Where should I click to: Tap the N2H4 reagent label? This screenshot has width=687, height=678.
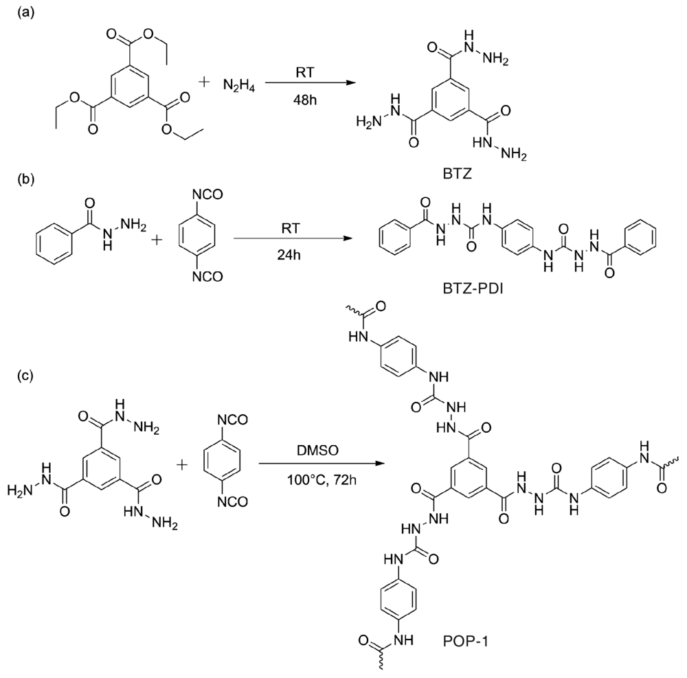tap(236, 85)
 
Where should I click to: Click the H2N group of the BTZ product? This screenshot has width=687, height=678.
tap(368, 122)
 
